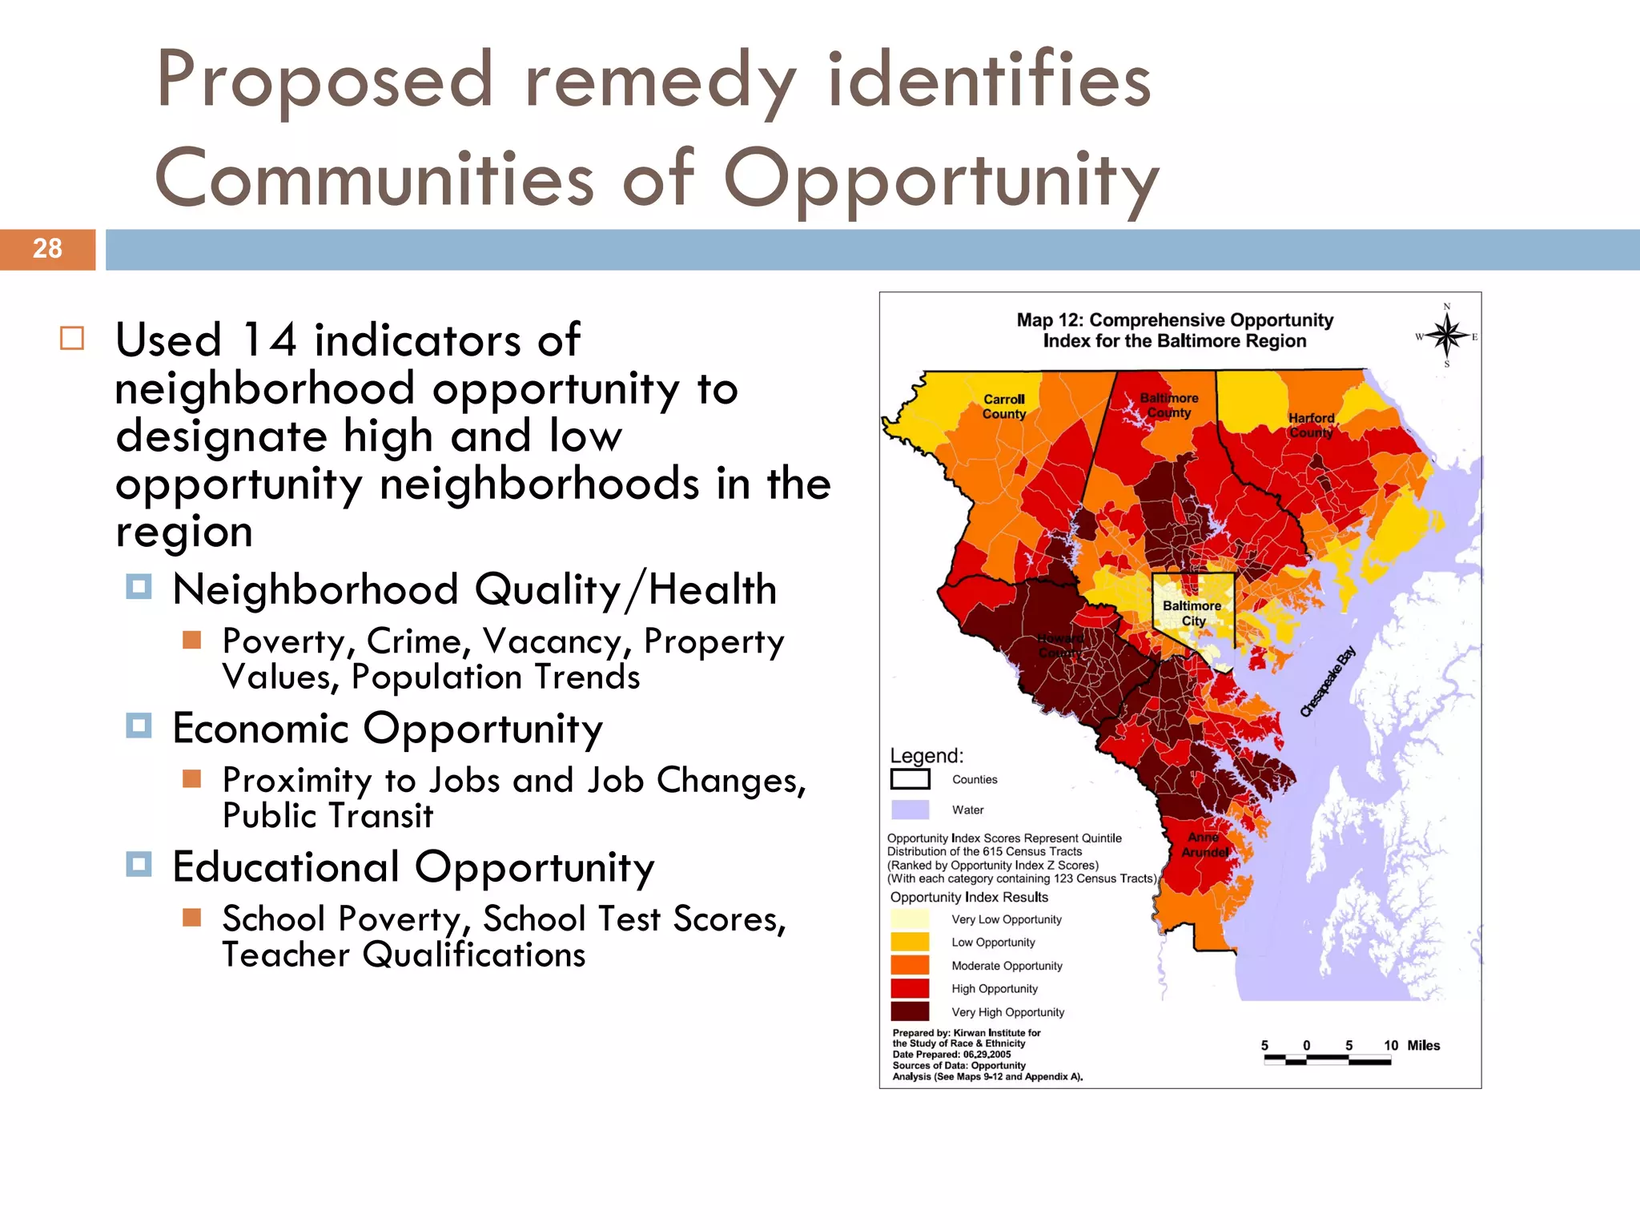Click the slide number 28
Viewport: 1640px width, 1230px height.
(x=47, y=248)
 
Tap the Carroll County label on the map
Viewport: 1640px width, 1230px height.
(x=1004, y=406)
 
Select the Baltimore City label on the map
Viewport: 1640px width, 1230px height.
(x=1192, y=613)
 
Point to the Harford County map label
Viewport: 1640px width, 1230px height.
(x=1311, y=425)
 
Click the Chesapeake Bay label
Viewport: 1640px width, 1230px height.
(x=1327, y=681)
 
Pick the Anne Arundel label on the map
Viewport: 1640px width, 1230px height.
(x=1204, y=845)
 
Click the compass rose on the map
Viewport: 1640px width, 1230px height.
(x=1446, y=336)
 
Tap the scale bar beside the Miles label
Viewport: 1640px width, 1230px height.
(x=1327, y=1059)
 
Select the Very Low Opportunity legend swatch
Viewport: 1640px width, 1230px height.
(x=910, y=919)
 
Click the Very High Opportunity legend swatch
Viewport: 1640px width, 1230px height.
(x=910, y=1011)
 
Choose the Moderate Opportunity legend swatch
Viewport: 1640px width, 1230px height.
(x=910, y=966)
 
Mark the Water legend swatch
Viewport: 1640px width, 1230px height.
(x=910, y=810)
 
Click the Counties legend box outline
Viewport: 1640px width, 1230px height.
(x=910, y=779)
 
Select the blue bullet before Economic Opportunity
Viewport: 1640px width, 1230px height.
(x=139, y=726)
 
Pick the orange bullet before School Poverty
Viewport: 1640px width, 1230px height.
(x=191, y=917)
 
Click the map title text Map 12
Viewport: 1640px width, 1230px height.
(x=1050, y=320)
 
